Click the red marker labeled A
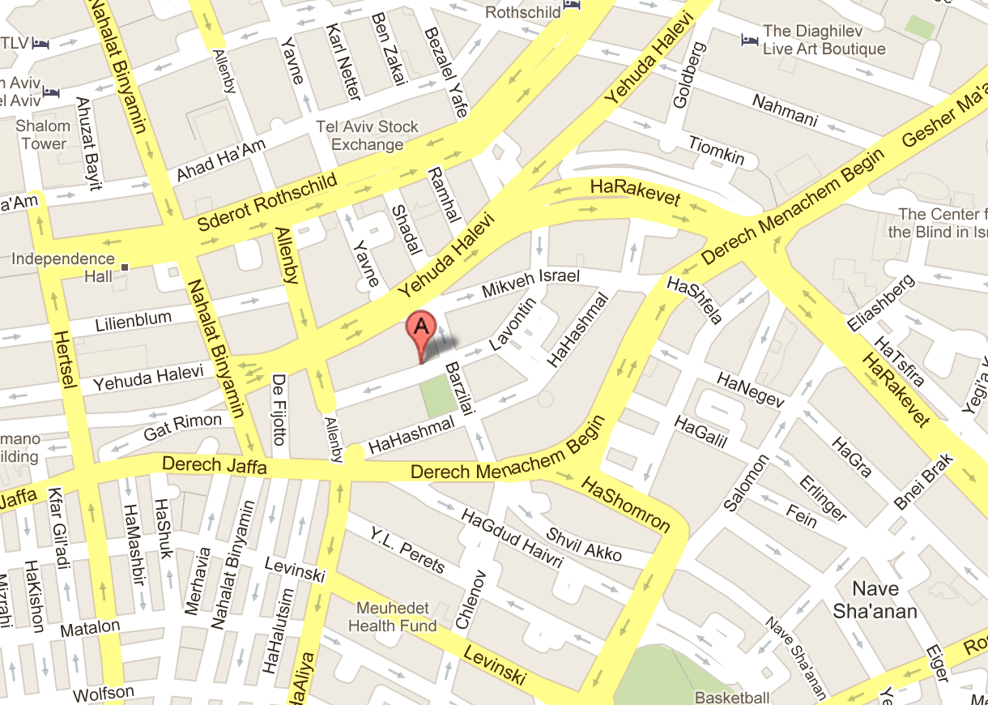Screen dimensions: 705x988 (420, 329)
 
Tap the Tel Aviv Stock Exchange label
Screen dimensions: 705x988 (368, 136)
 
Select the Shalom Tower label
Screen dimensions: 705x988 (44, 135)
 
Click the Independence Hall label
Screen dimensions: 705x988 (63, 267)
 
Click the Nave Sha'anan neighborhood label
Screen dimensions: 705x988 (875, 600)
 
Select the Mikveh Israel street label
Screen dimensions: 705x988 (530, 283)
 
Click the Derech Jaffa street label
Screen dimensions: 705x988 (214, 467)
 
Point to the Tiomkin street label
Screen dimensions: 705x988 (716, 151)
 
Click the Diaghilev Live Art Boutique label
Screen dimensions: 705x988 (824, 41)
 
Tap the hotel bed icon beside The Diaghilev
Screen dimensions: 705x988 (749, 38)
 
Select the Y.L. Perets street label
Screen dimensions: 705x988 (407, 550)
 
